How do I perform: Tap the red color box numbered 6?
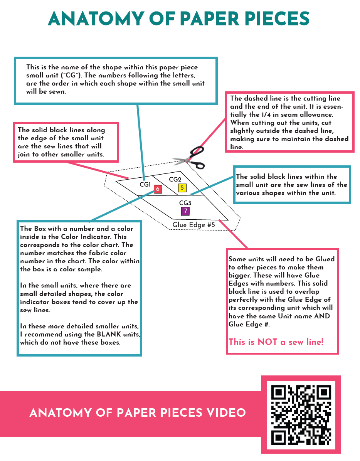click(157, 189)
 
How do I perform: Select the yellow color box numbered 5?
click(182, 188)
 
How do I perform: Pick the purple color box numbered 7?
click(185, 211)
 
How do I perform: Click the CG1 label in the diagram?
click(145, 185)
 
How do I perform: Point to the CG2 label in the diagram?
click(175, 180)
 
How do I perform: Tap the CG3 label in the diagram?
click(185, 203)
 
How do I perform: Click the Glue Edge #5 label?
click(193, 225)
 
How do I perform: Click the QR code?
click(301, 414)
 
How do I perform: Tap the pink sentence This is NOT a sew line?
click(276, 342)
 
